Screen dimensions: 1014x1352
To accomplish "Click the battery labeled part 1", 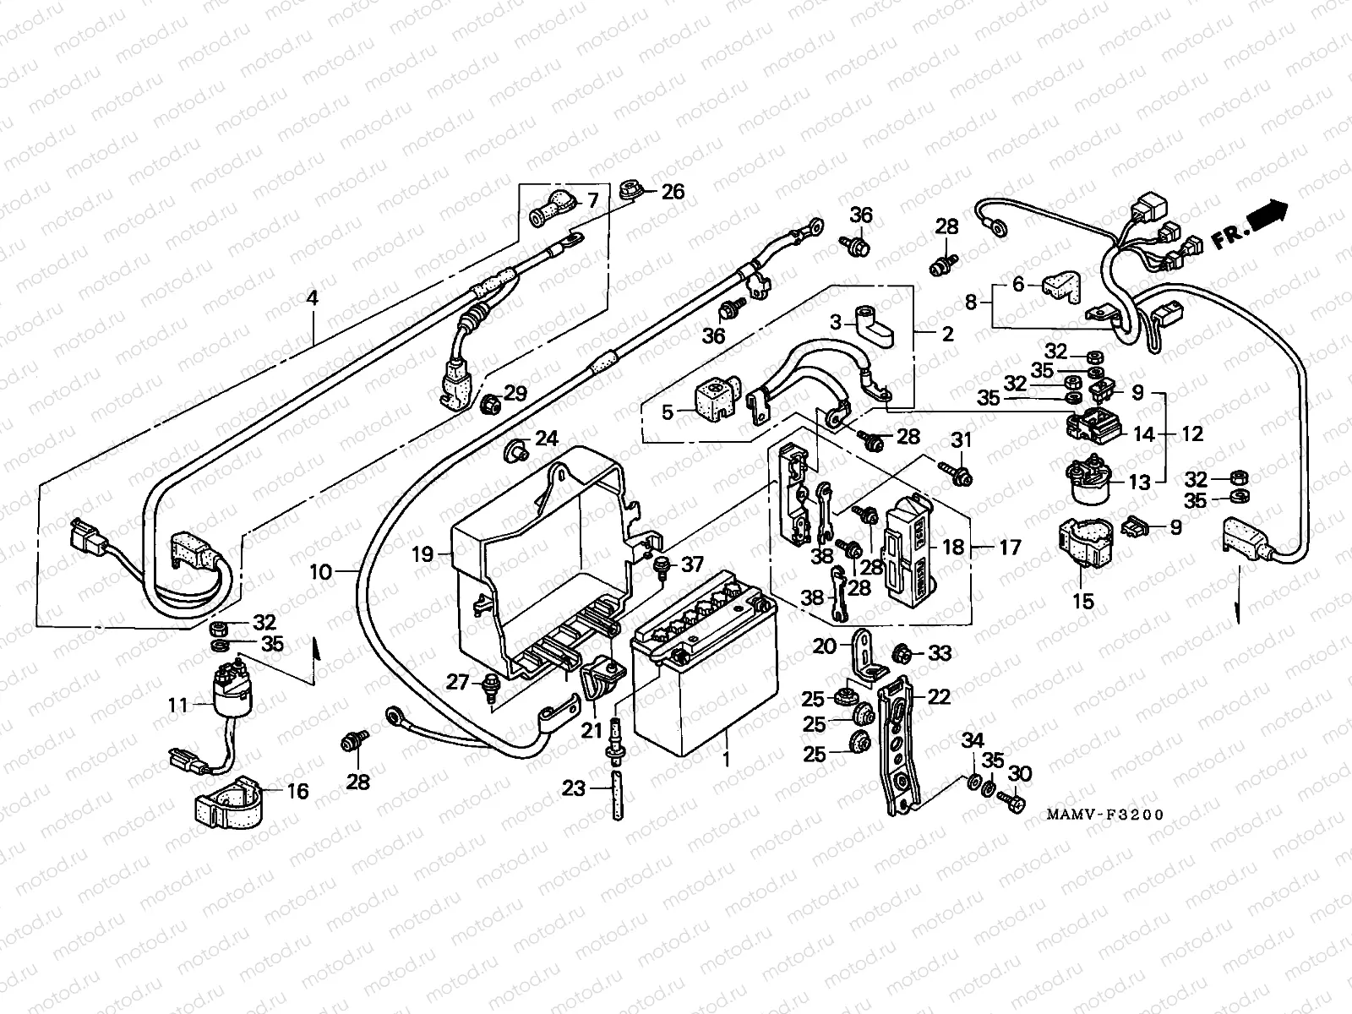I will [x=704, y=676].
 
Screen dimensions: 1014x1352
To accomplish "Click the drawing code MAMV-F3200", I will [x=1104, y=815].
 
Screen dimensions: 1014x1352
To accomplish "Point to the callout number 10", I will [x=320, y=572].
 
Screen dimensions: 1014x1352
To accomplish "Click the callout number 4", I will [x=313, y=297].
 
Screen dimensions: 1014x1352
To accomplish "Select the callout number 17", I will [x=1010, y=548].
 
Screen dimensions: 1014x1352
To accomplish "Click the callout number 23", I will [x=574, y=788].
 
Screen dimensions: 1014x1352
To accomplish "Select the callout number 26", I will [x=673, y=192].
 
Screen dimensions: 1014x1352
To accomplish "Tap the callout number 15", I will [x=1082, y=602].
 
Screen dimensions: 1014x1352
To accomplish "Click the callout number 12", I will [x=1191, y=433].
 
